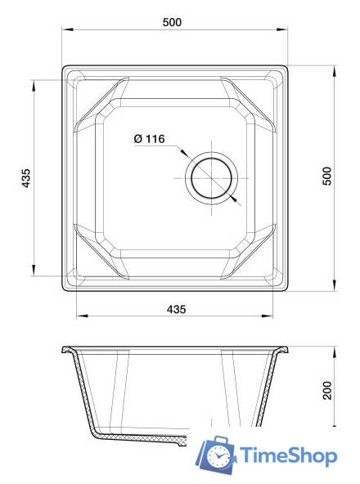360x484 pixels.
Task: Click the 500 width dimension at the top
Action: (171, 22)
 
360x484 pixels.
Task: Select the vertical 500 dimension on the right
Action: (326, 177)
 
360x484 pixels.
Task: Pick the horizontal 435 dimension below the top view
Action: (176, 309)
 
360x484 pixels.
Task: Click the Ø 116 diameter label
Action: (150, 139)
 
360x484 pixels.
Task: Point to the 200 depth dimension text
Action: (326, 390)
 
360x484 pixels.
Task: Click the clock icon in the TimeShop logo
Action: (219, 456)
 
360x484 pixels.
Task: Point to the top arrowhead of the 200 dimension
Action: (335, 350)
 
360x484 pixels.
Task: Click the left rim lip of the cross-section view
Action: (67, 351)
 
